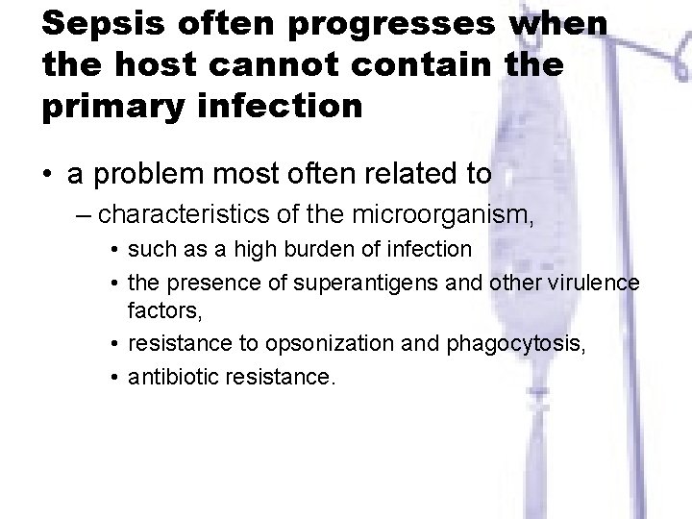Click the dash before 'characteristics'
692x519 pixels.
pos(83,212)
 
